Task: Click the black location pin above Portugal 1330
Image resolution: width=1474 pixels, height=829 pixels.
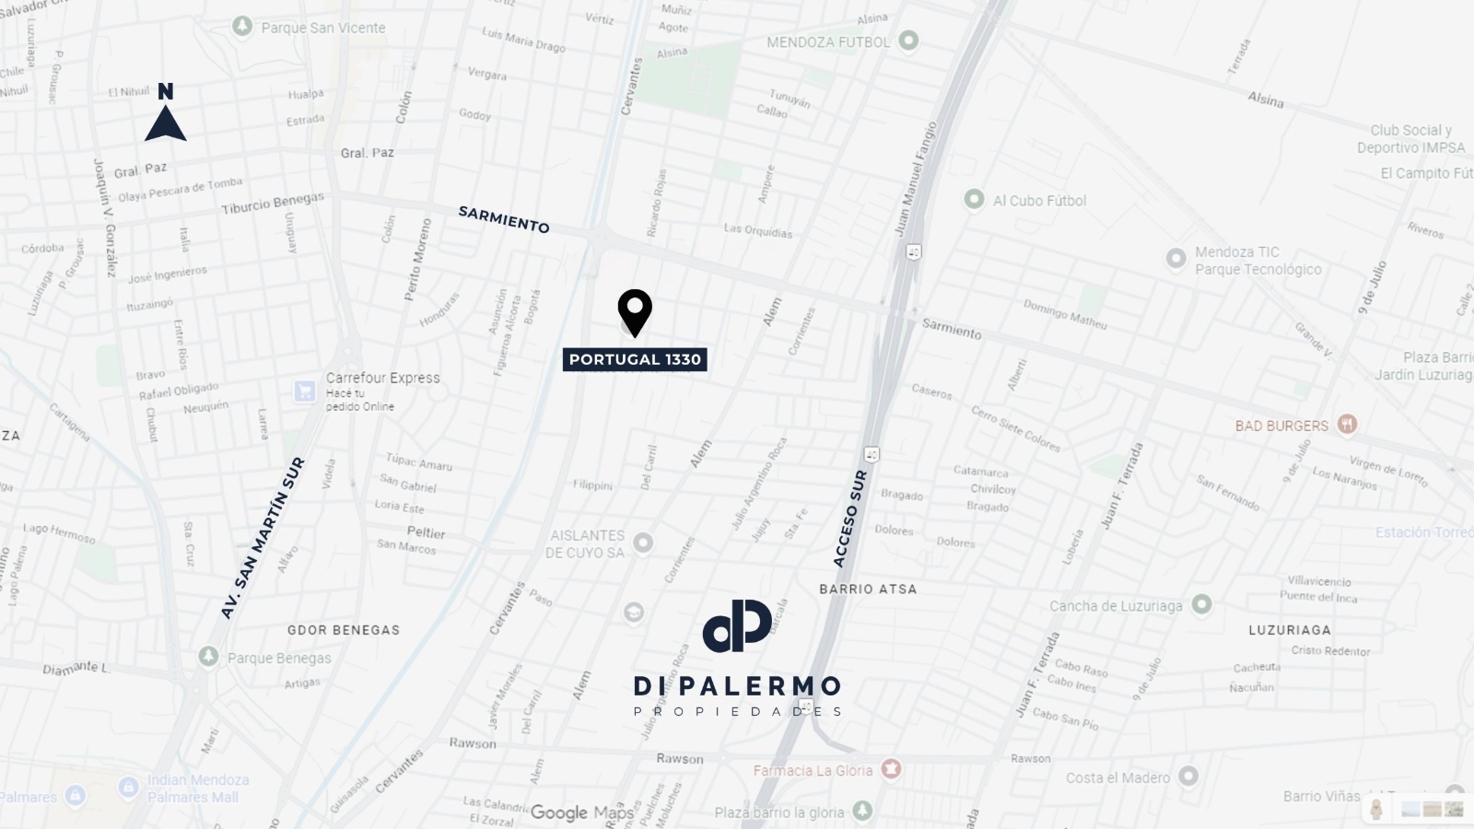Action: [635, 311]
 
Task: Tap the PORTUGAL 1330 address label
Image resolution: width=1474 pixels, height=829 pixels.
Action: [635, 359]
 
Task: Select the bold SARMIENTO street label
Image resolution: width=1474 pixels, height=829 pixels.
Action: [504, 219]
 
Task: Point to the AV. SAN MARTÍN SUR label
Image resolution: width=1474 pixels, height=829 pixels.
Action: [263, 538]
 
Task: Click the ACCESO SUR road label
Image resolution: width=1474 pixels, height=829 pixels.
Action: [849, 519]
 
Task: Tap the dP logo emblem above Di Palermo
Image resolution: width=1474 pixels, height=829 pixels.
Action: [737, 625]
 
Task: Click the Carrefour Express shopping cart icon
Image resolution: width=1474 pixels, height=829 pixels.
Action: [305, 391]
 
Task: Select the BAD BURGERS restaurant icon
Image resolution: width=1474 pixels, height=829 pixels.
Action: [1347, 425]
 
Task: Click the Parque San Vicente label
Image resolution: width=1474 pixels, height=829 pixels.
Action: [323, 28]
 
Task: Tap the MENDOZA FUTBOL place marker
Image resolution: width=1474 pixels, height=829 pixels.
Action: [908, 41]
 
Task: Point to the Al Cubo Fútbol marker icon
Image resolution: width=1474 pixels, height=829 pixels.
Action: [974, 199]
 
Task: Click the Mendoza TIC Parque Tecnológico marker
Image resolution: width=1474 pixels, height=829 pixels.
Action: [1176, 258]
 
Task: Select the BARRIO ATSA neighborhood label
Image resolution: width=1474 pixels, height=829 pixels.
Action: [868, 589]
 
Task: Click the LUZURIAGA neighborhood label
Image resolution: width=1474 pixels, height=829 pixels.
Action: [1289, 630]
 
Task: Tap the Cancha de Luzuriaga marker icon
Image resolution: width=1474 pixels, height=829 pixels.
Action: [1201, 604]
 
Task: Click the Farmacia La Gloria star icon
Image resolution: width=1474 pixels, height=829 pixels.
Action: [890, 768]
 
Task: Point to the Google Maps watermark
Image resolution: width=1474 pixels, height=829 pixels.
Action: [582, 812]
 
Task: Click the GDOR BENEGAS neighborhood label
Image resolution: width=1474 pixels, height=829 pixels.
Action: [344, 630]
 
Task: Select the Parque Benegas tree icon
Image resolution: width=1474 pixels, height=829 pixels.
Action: [208, 656]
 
